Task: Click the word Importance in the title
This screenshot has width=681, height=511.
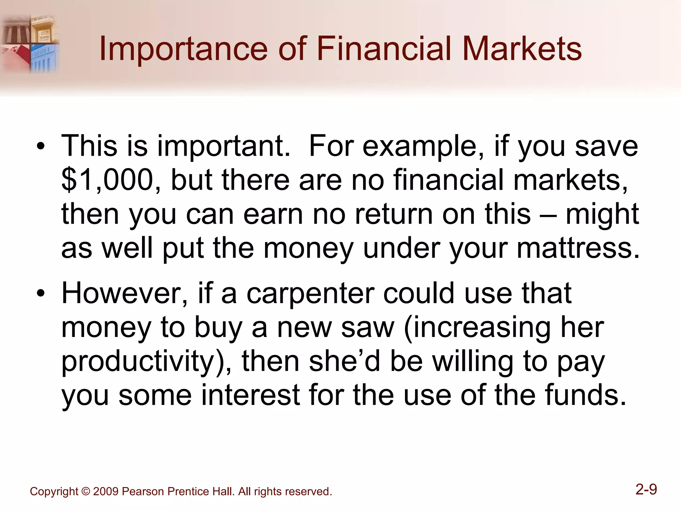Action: pyautogui.click(x=183, y=49)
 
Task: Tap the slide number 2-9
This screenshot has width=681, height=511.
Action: pyautogui.click(x=646, y=490)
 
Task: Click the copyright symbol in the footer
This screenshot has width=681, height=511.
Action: pyautogui.click(x=85, y=491)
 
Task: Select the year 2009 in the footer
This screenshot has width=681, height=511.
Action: pyautogui.click(x=106, y=491)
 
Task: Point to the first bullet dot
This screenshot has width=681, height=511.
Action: pyautogui.click(x=41, y=147)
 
